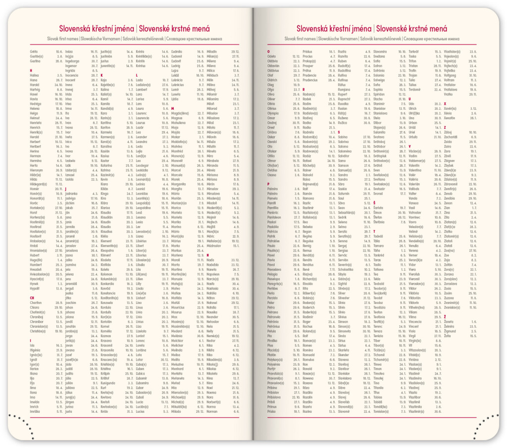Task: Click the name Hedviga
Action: [36, 103]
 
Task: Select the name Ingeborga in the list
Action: [72, 61]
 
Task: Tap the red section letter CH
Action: [32, 298]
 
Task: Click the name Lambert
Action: [143, 89]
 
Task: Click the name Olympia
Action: [274, 113]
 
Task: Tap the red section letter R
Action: [304, 89]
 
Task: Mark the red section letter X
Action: [445, 103]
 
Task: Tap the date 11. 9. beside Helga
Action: [58, 113]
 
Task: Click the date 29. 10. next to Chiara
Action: [57, 307]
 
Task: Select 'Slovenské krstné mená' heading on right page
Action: [411, 28]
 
